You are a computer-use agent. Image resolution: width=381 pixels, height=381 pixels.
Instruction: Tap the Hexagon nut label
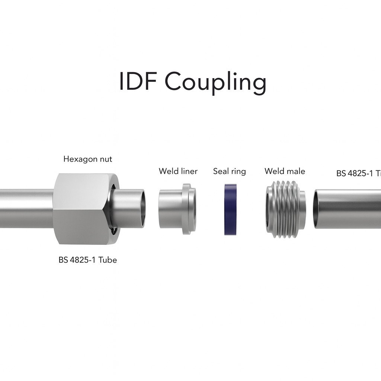[87, 159]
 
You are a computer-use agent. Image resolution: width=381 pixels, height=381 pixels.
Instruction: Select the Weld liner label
[178, 171]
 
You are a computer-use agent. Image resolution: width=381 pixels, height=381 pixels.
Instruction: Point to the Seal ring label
[229, 171]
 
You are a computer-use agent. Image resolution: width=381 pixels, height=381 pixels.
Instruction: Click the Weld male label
[285, 171]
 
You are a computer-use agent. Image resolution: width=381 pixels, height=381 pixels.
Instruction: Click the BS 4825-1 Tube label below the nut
[87, 260]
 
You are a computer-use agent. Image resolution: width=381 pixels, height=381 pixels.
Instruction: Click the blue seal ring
[231, 209]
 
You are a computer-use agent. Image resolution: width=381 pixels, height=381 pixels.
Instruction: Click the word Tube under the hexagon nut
[108, 260]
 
